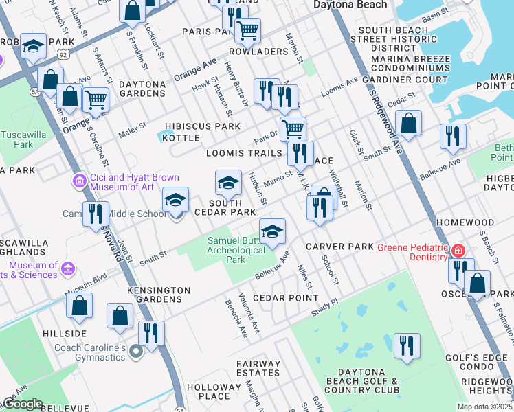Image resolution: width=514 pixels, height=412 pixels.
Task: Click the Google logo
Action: click(x=23, y=404)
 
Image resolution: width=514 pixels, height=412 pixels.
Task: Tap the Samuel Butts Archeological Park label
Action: click(x=236, y=250)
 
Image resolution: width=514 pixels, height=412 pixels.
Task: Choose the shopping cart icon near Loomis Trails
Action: click(x=293, y=128)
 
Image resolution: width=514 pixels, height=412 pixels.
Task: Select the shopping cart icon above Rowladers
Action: click(x=247, y=29)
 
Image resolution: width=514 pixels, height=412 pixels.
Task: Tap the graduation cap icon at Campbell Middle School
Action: click(x=175, y=201)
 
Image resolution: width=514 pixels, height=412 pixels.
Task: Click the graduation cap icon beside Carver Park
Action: click(x=272, y=230)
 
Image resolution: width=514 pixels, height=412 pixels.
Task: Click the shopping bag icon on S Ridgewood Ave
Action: click(x=408, y=123)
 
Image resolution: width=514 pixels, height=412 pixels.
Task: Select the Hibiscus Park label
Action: click(x=206, y=126)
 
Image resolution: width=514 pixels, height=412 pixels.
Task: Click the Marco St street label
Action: click(x=278, y=180)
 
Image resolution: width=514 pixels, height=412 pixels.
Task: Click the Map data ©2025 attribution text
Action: click(x=484, y=407)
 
